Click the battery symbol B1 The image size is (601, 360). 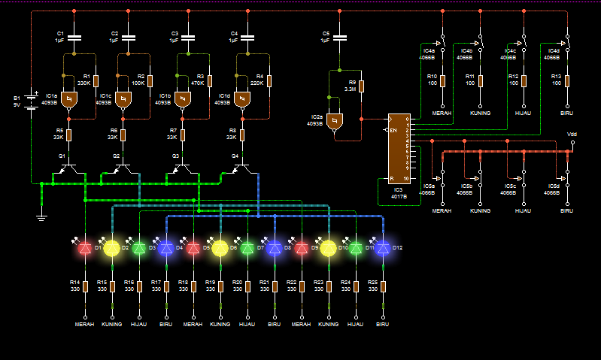32,101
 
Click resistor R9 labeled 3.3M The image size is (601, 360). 362,86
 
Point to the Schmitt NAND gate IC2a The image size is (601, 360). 335,119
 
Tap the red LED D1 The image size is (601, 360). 86,247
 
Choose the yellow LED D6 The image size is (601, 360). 220,247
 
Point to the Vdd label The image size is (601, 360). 572,134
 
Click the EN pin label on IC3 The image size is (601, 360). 393,131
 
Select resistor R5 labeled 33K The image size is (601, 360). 68,135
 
